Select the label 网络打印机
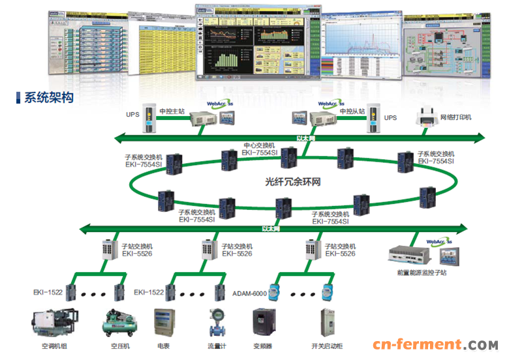pyautogui.click(x=456, y=117)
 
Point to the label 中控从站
pyautogui.click(x=351, y=112)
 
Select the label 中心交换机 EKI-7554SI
pyautogui.click(x=260, y=149)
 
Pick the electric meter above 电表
pyautogui.click(x=164, y=322)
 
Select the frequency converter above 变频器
pyautogui.click(x=266, y=322)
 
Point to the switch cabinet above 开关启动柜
pyautogui.click(x=326, y=322)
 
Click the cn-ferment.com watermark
pyautogui.click(x=435, y=344)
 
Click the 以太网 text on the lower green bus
pyautogui.click(x=270, y=229)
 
